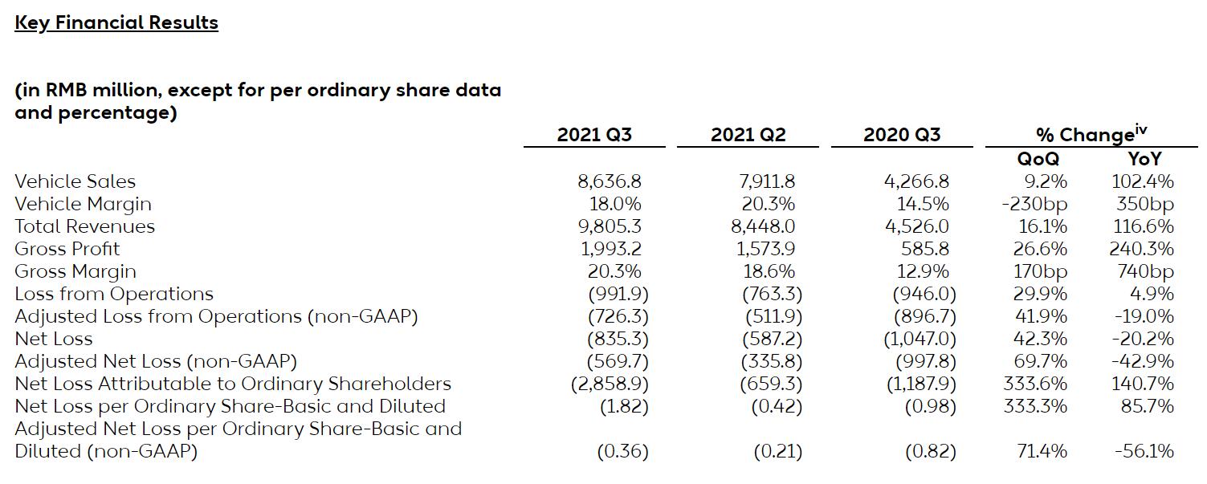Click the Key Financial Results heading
tap(116, 22)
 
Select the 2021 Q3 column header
tap(594, 135)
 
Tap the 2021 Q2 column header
tap(748, 135)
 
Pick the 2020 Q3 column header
tap(902, 135)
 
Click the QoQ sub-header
tap(1038, 159)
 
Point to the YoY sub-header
tap(1144, 159)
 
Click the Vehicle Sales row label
tap(75, 181)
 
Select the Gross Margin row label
tap(75, 271)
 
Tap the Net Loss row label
tap(54, 339)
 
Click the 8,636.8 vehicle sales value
tap(610, 181)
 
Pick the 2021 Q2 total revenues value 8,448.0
tap(764, 226)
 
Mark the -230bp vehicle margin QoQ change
tap(1034, 204)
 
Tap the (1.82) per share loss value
tap(624, 406)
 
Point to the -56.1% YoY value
tap(1144, 451)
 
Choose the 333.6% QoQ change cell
tap(1035, 384)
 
